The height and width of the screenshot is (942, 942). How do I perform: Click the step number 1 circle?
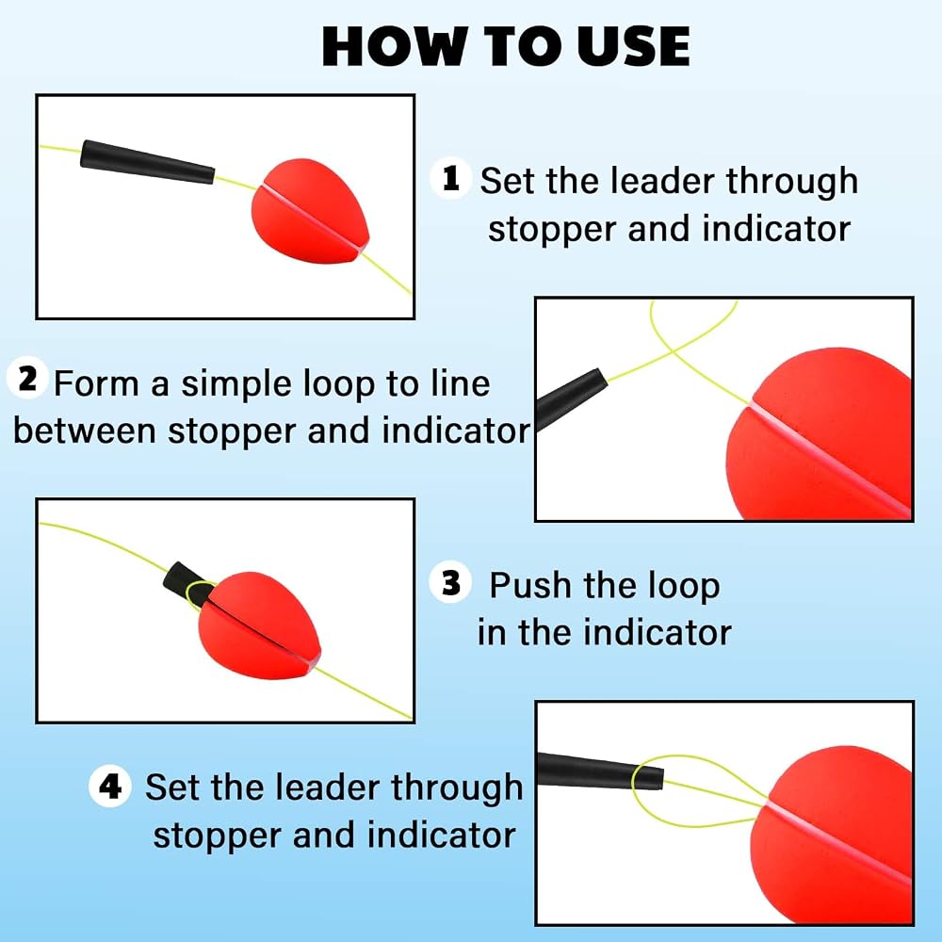click(450, 178)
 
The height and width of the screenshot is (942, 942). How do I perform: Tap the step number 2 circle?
click(27, 378)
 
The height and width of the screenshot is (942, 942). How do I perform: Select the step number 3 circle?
click(450, 582)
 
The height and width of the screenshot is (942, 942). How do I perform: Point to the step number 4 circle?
click(110, 786)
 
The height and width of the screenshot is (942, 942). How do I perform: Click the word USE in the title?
click(633, 47)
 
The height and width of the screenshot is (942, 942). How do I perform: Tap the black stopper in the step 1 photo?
click(148, 162)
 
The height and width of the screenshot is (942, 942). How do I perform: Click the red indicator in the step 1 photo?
click(309, 211)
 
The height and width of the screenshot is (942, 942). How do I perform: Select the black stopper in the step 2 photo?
click(570, 398)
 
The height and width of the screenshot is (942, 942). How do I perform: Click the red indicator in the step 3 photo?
click(260, 625)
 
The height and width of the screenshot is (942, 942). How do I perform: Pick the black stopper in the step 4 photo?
click(599, 771)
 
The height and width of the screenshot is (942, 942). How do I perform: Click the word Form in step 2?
click(97, 383)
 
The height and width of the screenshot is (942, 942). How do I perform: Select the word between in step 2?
click(84, 430)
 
